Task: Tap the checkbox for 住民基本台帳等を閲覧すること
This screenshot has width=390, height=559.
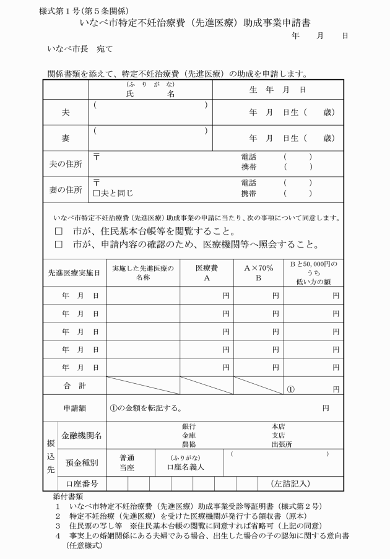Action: pos(59,232)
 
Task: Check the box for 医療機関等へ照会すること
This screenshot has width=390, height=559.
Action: pos(59,244)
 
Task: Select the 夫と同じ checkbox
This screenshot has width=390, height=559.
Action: pos(96,193)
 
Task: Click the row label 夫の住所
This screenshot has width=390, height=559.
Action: pos(66,164)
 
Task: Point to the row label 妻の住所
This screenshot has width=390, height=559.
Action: pos(66,189)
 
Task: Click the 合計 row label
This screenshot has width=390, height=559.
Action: pos(74,386)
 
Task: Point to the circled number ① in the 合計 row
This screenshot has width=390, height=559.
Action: pos(290,389)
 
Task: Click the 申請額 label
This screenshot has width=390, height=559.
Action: pos(74,408)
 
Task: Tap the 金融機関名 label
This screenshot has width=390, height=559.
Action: pos(82,435)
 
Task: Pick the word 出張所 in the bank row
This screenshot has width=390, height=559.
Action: pos(281,444)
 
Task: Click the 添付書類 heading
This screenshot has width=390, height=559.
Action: pos(65,496)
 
